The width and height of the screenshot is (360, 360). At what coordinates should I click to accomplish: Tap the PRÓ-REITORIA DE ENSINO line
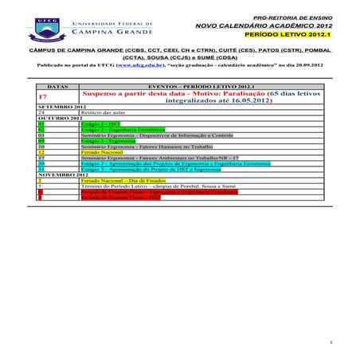(x=292, y=17)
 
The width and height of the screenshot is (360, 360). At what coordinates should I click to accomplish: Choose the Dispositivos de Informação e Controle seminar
(x=147, y=135)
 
